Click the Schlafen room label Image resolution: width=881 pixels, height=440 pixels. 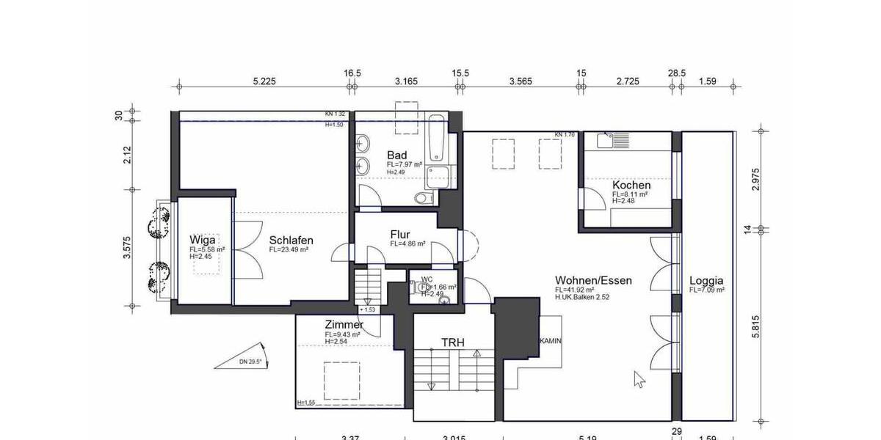pyautogui.click(x=291, y=240)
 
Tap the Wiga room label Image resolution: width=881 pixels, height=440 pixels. pyautogui.click(x=202, y=240)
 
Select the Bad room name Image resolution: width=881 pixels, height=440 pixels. pyautogui.click(x=396, y=155)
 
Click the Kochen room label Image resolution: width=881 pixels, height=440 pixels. pyautogui.click(x=631, y=186)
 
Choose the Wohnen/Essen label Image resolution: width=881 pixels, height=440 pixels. pyautogui.click(x=593, y=280)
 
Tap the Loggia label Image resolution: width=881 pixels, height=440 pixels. pyautogui.click(x=706, y=280)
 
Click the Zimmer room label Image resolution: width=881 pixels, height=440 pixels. pyautogui.click(x=344, y=325)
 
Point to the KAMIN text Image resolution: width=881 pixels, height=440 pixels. pyautogui.click(x=551, y=342)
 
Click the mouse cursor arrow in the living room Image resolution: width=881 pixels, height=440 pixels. pyautogui.click(x=639, y=378)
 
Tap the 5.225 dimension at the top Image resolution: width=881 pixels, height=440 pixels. pyautogui.click(x=264, y=81)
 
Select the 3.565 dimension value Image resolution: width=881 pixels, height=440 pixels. pyautogui.click(x=521, y=81)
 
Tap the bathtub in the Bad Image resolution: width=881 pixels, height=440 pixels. pyautogui.click(x=436, y=137)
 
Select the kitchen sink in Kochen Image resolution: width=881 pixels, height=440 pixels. pyautogui.click(x=609, y=141)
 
